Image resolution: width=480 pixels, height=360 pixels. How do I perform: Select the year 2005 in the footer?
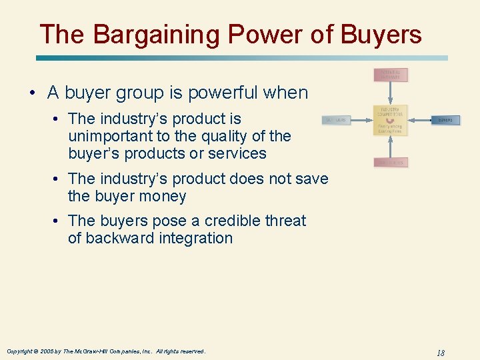(46, 351)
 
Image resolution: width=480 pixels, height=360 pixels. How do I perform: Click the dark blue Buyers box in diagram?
(445, 121)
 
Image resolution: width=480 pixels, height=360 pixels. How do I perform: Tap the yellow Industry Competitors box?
(390, 120)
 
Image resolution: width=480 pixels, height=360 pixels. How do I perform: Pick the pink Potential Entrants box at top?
(390, 75)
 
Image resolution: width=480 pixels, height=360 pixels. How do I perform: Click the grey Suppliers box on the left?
(336, 121)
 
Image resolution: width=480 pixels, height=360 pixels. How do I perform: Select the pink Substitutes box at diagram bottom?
(390, 162)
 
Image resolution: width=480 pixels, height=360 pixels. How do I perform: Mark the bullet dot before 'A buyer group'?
(33, 93)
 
